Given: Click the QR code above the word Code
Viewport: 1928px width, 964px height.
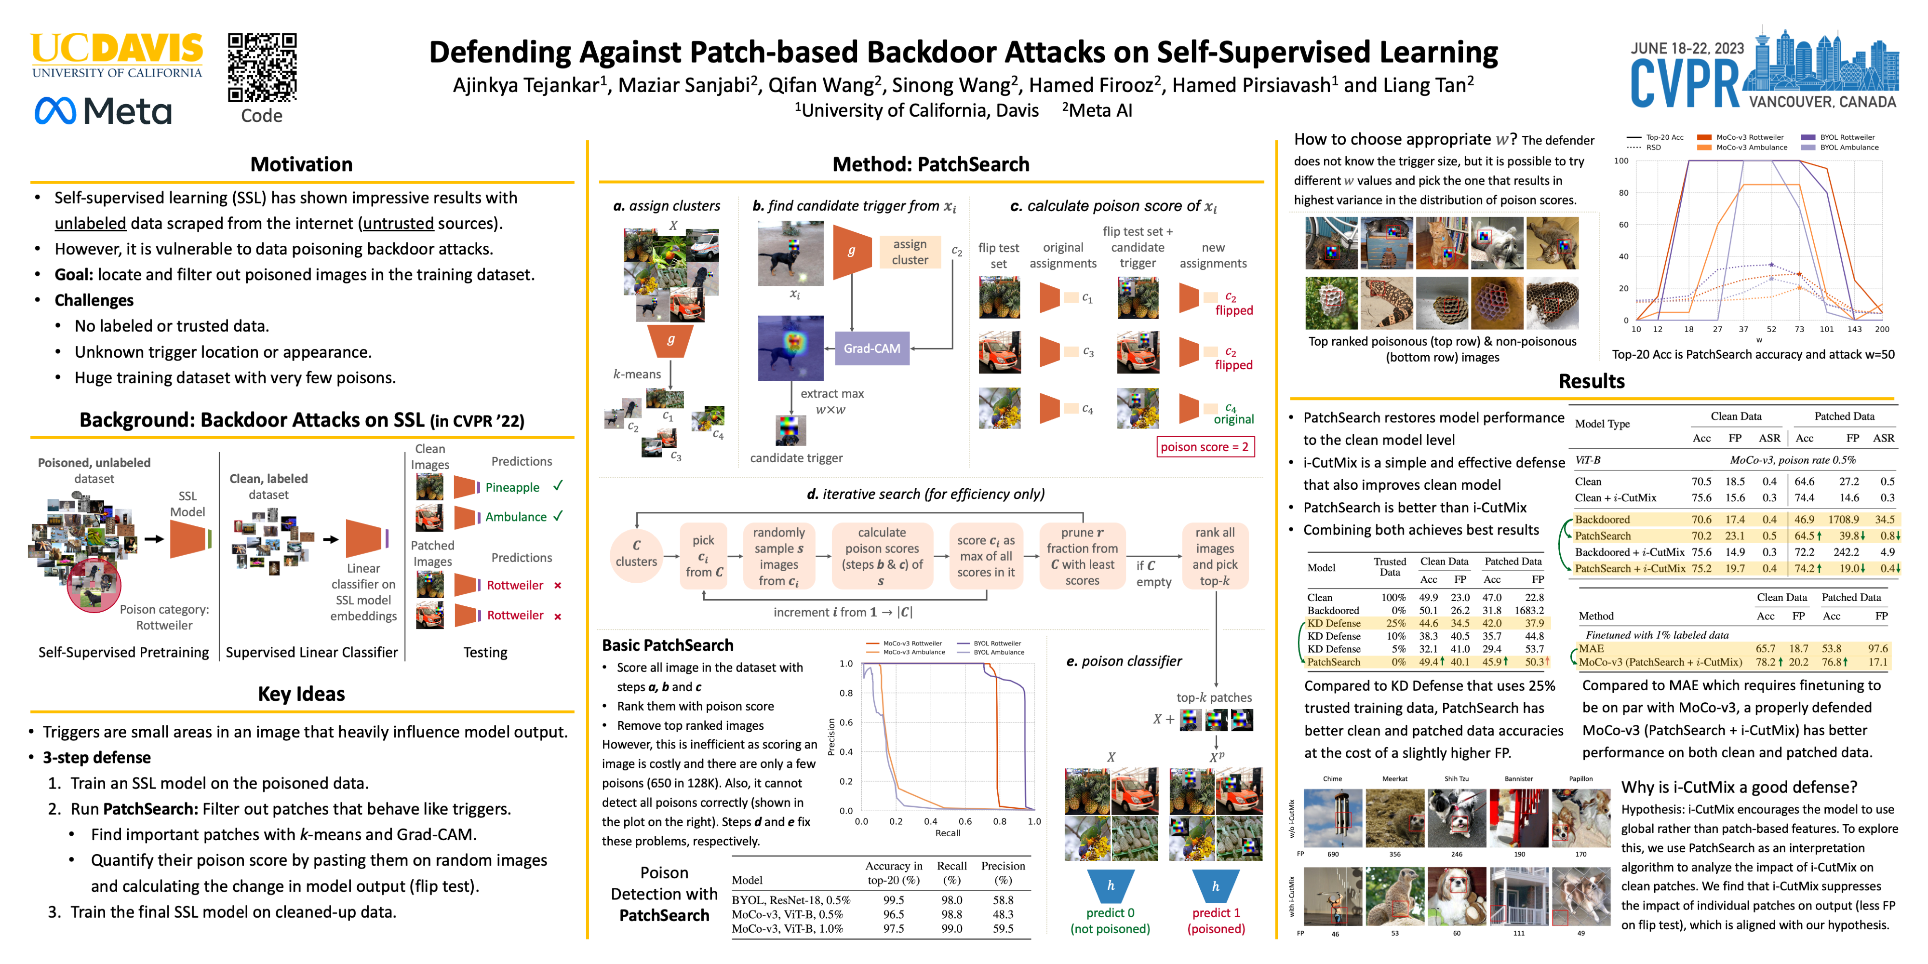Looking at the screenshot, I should point(262,67).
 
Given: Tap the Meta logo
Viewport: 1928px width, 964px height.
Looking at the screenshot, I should point(103,111).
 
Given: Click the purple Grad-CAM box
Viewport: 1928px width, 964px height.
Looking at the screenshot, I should point(872,349).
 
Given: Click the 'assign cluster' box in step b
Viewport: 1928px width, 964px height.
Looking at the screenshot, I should point(910,252).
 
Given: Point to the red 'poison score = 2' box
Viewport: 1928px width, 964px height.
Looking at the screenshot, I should point(1204,447).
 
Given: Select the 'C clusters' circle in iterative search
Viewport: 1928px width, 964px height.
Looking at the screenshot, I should point(636,554).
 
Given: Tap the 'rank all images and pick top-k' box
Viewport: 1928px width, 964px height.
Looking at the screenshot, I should point(1215,557).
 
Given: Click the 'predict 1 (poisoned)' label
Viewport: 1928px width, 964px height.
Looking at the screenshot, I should point(1216,921).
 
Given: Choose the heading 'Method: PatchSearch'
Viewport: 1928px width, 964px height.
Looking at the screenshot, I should point(930,164).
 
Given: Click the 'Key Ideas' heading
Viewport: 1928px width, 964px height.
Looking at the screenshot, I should point(301,694).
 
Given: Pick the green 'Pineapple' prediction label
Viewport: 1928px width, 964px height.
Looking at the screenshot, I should point(512,487).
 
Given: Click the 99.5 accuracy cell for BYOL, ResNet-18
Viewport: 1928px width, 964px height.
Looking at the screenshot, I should point(893,900).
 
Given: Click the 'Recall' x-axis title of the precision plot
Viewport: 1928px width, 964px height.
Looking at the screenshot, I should point(948,833).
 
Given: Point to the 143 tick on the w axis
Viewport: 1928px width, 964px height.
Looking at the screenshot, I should point(1854,329).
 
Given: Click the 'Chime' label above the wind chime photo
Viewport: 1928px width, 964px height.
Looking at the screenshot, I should point(1332,779).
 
